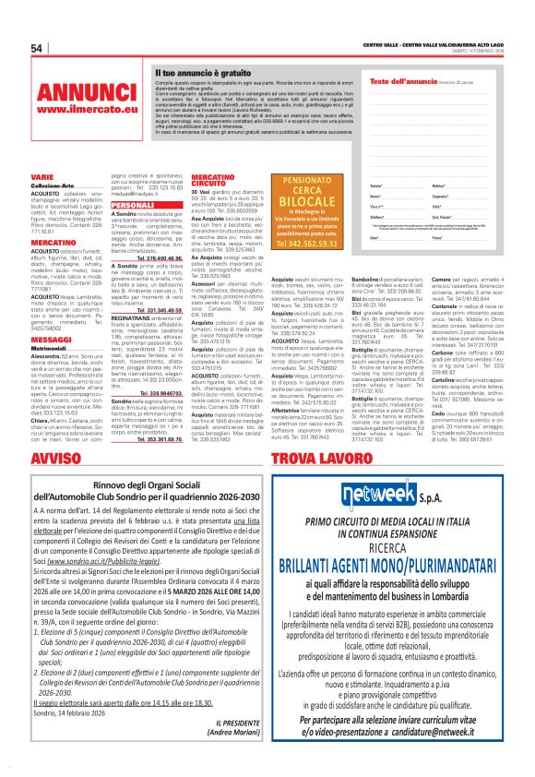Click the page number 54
[38, 49]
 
